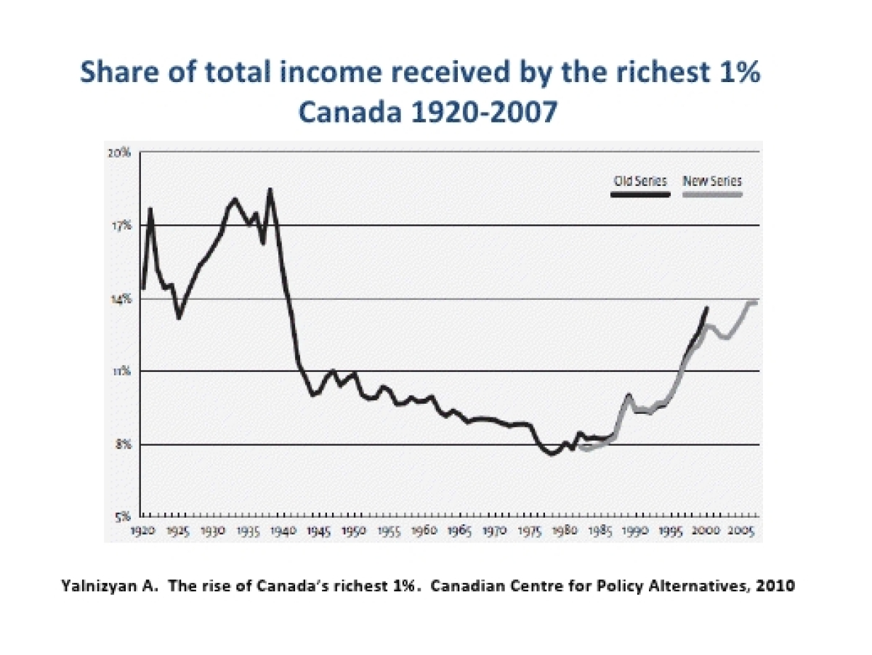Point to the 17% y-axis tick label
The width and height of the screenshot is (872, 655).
coord(121,226)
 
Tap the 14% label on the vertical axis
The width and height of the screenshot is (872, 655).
coord(121,298)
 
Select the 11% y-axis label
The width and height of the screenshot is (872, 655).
coord(121,371)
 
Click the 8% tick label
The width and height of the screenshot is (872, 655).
coord(122,444)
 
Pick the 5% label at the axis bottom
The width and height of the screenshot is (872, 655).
coord(122,517)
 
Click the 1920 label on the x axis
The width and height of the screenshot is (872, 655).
coord(142,531)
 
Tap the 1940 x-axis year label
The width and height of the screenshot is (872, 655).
coord(283,531)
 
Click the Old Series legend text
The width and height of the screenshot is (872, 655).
coord(639,182)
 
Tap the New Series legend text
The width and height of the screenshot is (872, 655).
coord(712,182)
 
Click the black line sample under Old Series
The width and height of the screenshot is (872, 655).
coord(639,195)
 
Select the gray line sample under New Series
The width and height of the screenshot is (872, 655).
coord(713,195)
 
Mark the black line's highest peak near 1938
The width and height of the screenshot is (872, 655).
coord(270,190)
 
